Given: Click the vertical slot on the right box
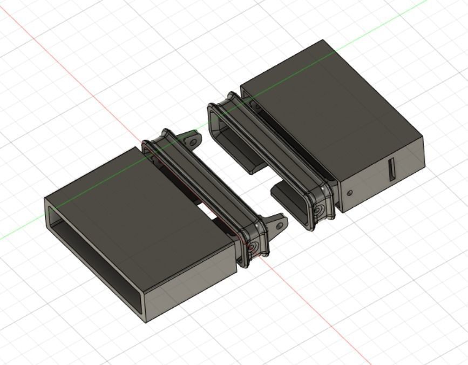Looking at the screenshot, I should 392,170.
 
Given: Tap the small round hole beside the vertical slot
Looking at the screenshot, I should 350,192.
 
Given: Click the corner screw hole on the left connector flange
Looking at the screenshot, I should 255,246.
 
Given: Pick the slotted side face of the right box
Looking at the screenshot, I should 383,173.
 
